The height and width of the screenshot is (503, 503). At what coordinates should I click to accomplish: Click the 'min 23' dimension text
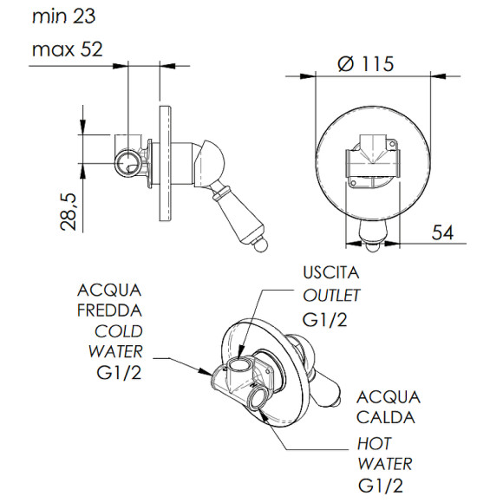(64, 16)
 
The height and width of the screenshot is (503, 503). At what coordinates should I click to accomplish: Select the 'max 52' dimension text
(68, 49)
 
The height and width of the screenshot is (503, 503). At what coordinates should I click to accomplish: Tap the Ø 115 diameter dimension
(365, 63)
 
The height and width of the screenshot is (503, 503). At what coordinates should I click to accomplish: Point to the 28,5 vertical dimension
(69, 212)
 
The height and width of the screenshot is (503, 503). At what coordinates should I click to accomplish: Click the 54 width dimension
(442, 232)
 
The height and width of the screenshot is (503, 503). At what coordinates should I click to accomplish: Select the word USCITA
(331, 272)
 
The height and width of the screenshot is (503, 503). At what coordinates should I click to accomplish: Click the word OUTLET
(331, 296)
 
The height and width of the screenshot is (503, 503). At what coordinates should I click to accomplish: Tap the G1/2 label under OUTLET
(324, 320)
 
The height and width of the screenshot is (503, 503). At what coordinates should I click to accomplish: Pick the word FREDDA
(110, 310)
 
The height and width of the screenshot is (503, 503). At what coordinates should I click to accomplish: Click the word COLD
(119, 331)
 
